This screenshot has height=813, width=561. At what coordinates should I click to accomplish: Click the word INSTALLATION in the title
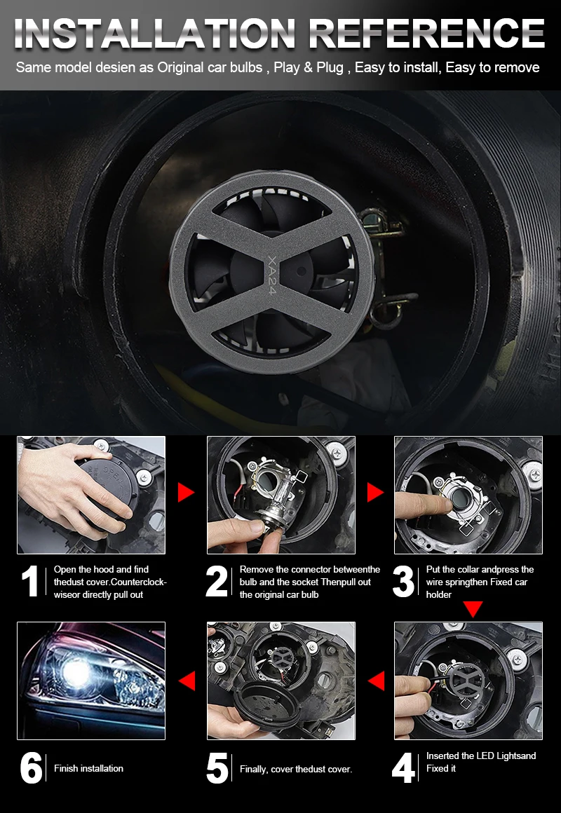[x=155, y=34]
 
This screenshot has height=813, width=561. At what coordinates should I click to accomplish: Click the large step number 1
[x=31, y=581]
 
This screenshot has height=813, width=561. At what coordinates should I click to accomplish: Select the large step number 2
[x=217, y=581]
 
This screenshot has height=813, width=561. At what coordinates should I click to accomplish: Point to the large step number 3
[x=403, y=581]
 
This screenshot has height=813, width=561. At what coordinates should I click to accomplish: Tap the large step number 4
[x=404, y=768]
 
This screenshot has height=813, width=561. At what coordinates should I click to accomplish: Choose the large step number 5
[x=217, y=768]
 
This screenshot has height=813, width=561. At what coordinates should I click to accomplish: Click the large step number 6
[x=31, y=768]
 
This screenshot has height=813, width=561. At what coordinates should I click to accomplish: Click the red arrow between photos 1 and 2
[x=185, y=492]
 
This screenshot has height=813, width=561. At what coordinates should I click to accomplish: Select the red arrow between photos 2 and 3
[x=374, y=492]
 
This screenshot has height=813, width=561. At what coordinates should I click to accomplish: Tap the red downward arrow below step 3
[x=473, y=609]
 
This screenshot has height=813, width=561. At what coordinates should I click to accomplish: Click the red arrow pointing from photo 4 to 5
[x=377, y=681]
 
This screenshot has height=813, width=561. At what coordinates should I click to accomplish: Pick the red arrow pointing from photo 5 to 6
[x=187, y=681]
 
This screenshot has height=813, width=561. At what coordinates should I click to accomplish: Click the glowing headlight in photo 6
[x=78, y=674]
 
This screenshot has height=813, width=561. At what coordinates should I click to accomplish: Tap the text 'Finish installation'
[x=89, y=768]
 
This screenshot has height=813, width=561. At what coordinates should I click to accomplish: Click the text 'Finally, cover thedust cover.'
[x=296, y=770]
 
